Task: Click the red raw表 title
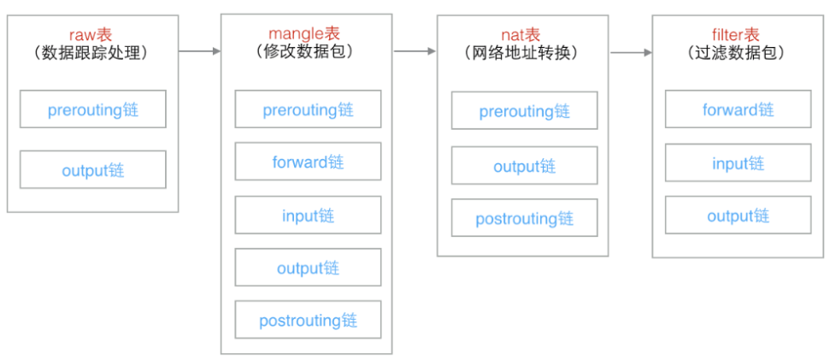pyautogui.click(x=92, y=34)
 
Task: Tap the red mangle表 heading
pyautogui.click(x=304, y=34)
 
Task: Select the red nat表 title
pyautogui.click(x=521, y=35)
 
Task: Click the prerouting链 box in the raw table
pyautogui.click(x=92, y=109)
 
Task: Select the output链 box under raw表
pyautogui.click(x=92, y=169)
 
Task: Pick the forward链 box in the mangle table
pyautogui.click(x=308, y=161)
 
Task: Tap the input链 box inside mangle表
pyautogui.click(x=308, y=215)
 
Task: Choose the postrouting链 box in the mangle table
pyautogui.click(x=308, y=319)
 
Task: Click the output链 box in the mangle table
pyautogui.click(x=308, y=267)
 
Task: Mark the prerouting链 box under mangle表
pyautogui.click(x=308, y=109)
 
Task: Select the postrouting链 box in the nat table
pyautogui.click(x=525, y=217)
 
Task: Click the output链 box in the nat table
pyautogui.click(x=525, y=165)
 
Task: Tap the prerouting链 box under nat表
pyautogui.click(x=525, y=110)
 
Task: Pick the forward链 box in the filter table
pyautogui.click(x=738, y=109)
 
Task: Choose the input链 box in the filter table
pyautogui.click(x=738, y=162)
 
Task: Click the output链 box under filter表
pyautogui.click(x=738, y=215)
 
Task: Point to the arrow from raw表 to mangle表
pyautogui.click(x=199, y=51)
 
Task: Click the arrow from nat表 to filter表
pyautogui.click(x=631, y=52)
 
